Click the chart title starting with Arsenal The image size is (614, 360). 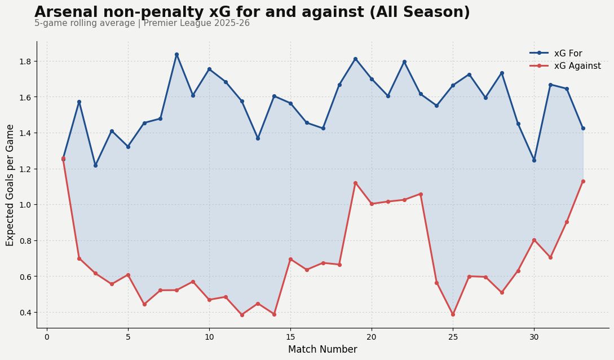(x=252, y=12)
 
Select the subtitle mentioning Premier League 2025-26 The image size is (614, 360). (x=142, y=24)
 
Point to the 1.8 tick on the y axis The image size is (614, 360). (x=25, y=61)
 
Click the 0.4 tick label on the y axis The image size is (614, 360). (x=25, y=313)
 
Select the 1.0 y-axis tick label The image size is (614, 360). (x=25, y=205)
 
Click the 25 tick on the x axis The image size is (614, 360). (x=453, y=337)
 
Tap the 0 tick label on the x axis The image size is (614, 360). (x=47, y=337)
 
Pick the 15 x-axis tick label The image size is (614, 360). (x=290, y=337)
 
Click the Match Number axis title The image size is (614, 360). (x=323, y=350)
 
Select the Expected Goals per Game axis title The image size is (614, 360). (x=10, y=185)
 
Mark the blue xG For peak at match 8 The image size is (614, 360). (x=176, y=54)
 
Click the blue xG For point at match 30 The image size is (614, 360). (x=534, y=160)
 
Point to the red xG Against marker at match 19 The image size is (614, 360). (x=355, y=183)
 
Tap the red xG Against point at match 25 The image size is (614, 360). (x=453, y=314)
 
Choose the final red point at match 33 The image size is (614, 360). (x=583, y=181)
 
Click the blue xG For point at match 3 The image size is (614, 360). (x=95, y=165)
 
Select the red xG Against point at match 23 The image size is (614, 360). (x=421, y=194)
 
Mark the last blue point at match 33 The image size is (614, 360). (x=583, y=128)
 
